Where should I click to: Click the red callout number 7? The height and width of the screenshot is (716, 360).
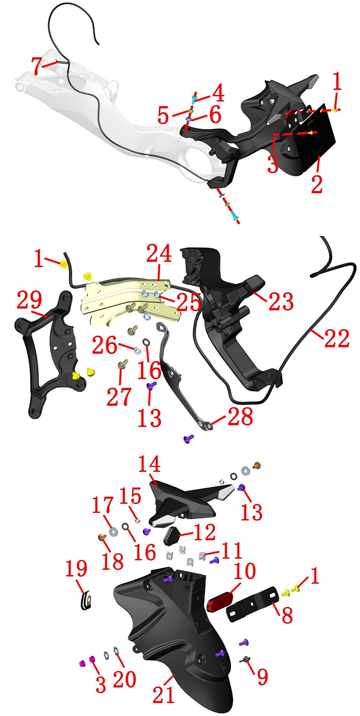37,65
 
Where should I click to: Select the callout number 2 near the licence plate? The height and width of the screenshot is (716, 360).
317,182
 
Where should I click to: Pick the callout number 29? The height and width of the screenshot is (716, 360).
29,300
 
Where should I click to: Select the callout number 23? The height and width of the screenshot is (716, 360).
281,301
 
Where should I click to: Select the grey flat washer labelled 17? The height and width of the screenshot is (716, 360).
114,531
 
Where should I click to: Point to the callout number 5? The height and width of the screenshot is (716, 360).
163,116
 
